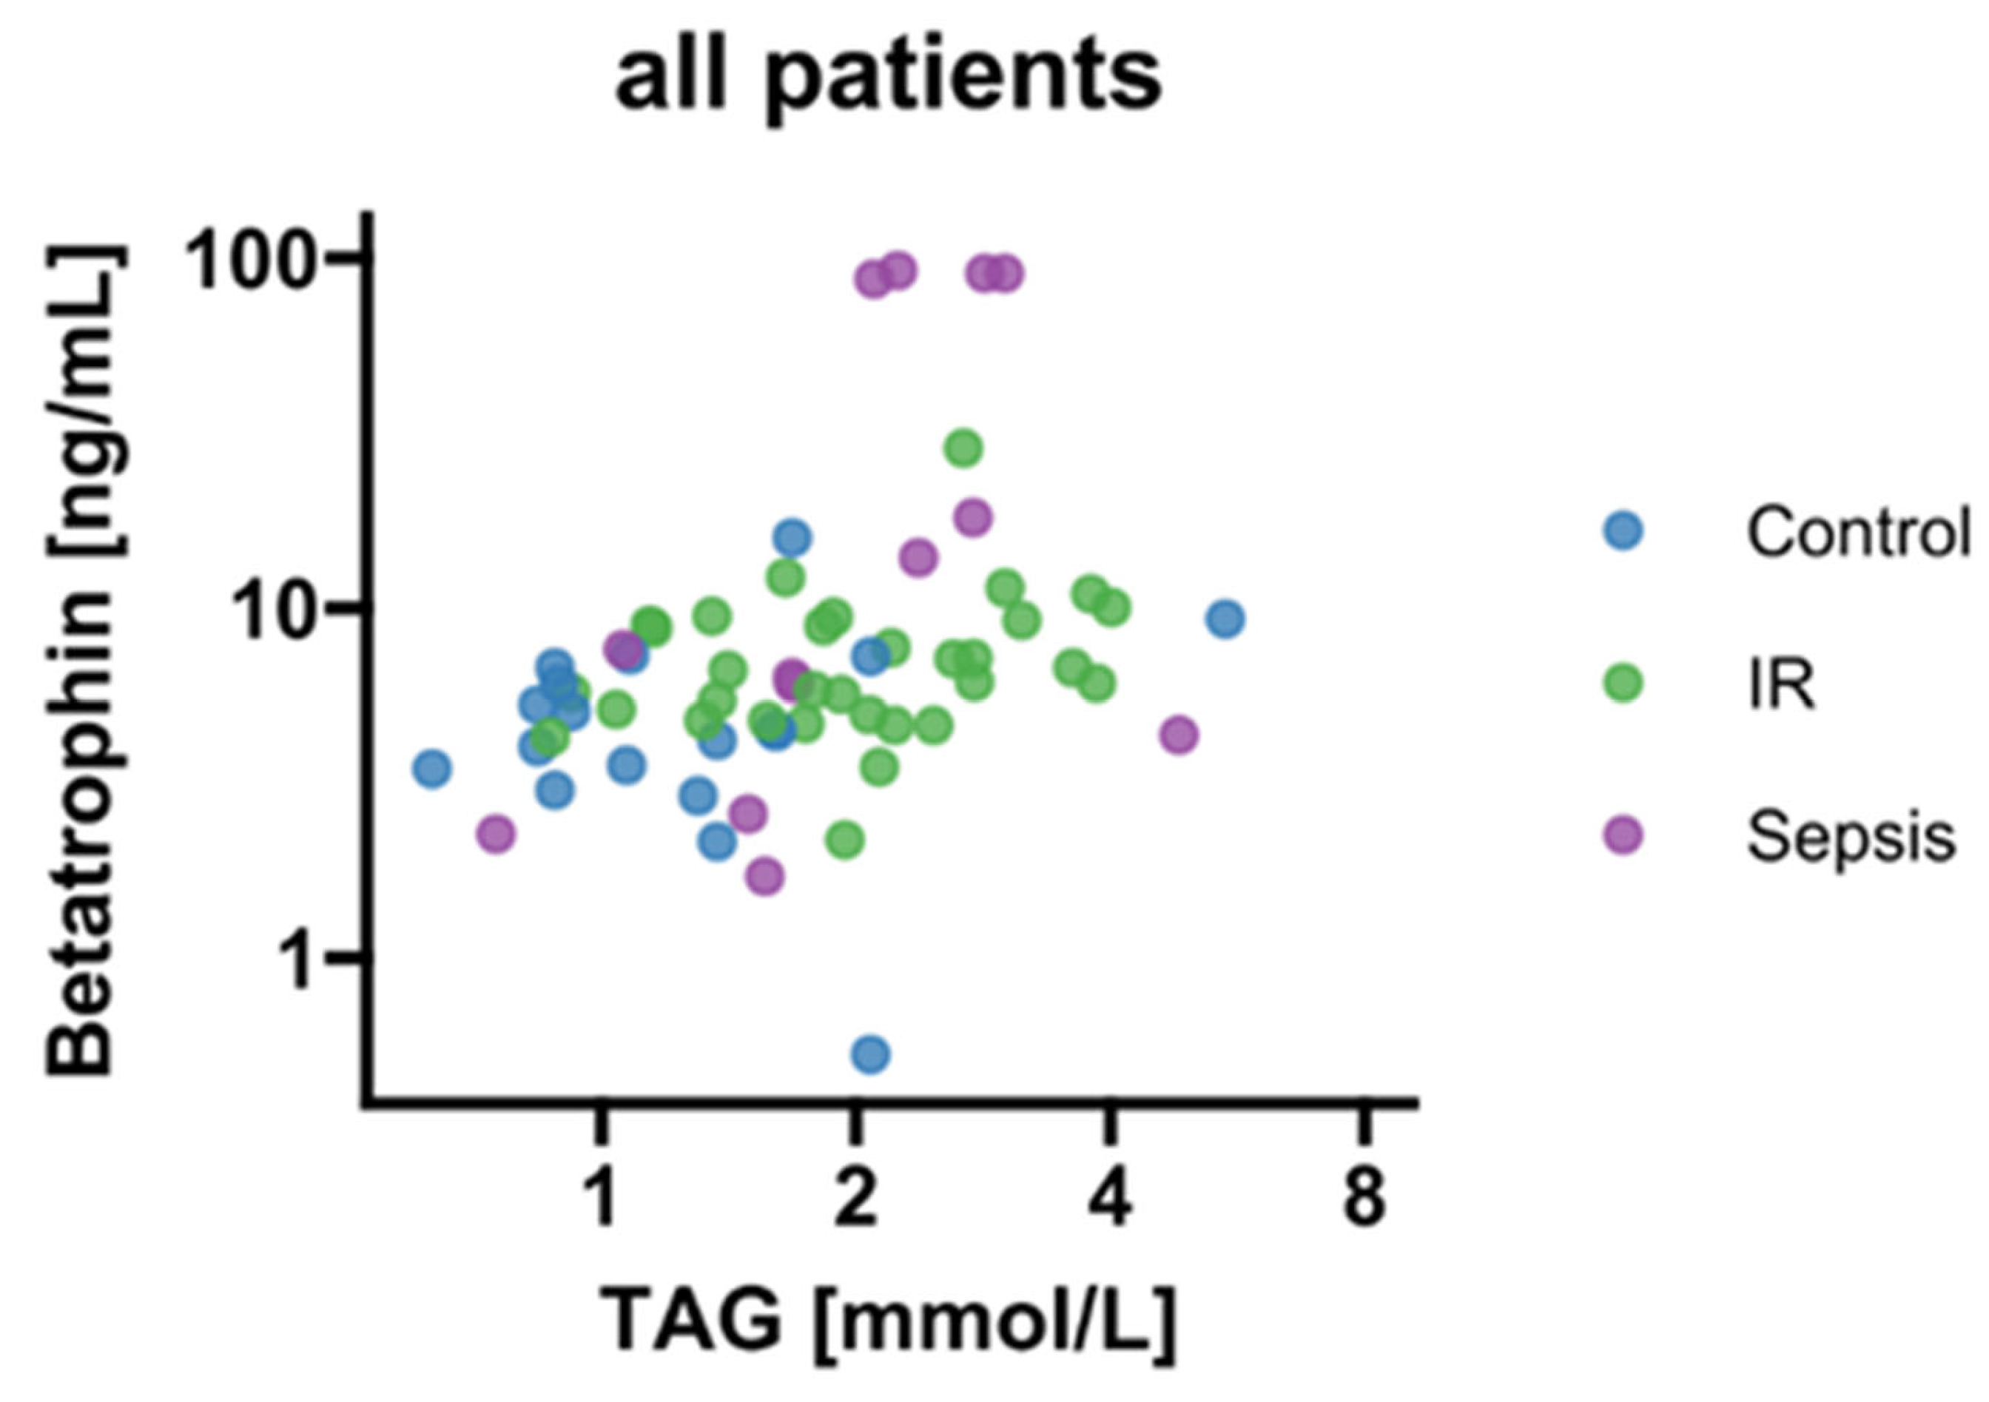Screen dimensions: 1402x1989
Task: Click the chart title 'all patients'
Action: click(887, 77)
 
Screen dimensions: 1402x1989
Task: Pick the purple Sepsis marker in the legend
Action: click(1623, 836)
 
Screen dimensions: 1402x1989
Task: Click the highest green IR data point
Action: click(963, 448)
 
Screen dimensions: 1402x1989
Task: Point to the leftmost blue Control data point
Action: click(432, 768)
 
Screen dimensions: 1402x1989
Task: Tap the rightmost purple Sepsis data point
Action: click(1179, 735)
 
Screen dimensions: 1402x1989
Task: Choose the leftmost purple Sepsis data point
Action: click(496, 835)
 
